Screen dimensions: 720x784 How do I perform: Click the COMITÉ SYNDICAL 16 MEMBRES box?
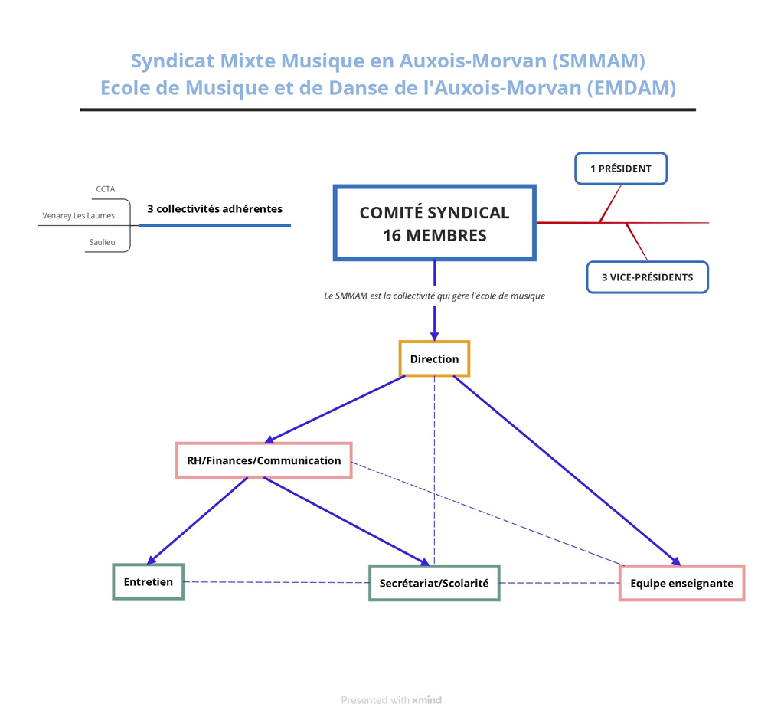[434, 223]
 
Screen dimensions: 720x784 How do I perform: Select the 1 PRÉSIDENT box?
[621, 169]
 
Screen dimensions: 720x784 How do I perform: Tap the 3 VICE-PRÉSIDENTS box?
[647, 277]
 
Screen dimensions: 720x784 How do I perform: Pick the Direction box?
[434, 359]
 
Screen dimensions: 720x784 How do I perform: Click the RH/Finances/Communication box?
[264, 460]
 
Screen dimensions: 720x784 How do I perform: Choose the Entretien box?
[149, 581]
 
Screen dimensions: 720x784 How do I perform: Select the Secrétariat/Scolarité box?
[434, 583]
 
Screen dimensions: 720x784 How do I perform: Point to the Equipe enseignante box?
[681, 583]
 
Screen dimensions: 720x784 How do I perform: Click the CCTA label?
[106, 189]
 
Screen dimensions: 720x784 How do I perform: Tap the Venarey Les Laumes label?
[78, 215]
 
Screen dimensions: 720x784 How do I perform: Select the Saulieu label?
[102, 242]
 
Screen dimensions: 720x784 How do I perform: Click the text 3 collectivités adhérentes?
[214, 208]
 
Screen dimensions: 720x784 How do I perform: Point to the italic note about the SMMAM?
[434, 296]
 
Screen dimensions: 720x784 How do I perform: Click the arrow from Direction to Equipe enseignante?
[567, 470]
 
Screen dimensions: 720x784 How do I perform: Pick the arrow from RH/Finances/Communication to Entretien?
[198, 521]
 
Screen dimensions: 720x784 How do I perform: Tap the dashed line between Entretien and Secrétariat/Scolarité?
[276, 582]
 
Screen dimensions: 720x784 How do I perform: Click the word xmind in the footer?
[426, 700]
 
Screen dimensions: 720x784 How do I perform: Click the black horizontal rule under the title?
[387, 110]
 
